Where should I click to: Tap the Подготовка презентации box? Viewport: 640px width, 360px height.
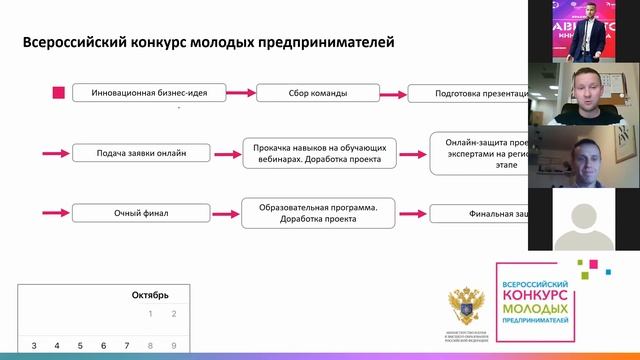[468, 93]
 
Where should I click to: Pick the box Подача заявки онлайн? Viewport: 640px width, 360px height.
[143, 153]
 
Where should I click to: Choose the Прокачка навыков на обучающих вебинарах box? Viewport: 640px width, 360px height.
[319, 153]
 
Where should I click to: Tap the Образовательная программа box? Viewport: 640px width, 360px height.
[319, 213]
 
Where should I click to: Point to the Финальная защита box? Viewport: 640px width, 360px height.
[479, 213]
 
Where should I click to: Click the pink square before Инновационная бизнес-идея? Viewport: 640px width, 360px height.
[58, 93]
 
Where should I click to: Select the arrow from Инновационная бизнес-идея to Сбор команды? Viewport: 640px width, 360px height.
[227, 93]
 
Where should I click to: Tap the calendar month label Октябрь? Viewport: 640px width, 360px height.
[150, 295]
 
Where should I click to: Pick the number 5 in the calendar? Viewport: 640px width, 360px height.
[81, 346]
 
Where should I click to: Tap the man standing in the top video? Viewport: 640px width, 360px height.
[585, 30]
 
